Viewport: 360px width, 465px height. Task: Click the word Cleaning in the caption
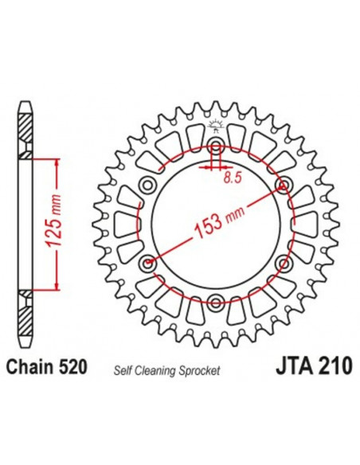pos(166,371)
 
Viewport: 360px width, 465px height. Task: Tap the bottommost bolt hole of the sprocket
pos(215,301)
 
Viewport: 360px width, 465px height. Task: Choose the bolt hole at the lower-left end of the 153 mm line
pos(147,262)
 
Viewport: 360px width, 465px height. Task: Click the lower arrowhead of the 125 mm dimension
pos(57,286)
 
